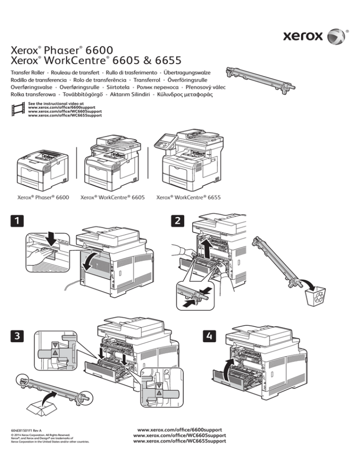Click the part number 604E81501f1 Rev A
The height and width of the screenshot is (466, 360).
coord(26,429)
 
